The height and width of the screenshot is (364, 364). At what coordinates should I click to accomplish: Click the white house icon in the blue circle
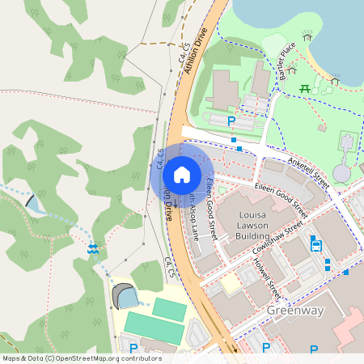click(182, 174)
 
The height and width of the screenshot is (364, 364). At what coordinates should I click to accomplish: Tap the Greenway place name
click(294, 310)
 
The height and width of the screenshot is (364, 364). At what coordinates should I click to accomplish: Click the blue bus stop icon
click(315, 245)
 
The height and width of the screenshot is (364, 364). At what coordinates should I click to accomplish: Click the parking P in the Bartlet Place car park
click(231, 121)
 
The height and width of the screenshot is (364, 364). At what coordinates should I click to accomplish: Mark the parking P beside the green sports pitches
click(133, 349)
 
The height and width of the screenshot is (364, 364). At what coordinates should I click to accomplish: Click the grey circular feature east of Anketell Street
click(342, 172)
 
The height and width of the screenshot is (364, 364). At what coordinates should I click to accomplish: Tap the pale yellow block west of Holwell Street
click(231, 283)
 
